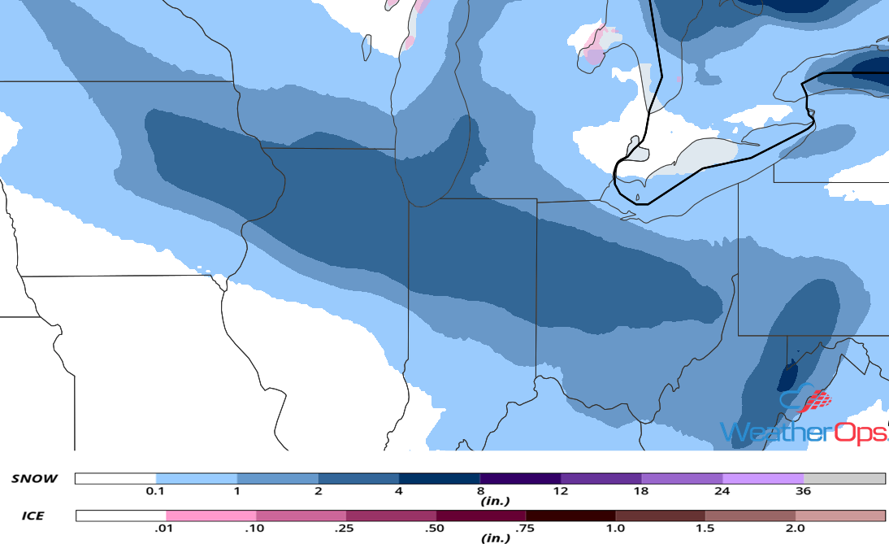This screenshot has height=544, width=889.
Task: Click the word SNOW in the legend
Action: coord(34,478)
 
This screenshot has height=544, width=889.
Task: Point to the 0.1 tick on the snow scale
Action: coord(156,490)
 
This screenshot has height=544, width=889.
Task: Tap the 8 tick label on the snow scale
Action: coord(480,490)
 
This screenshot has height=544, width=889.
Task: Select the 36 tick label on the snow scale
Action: coord(803,490)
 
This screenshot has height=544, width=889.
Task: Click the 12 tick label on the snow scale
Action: coord(561,490)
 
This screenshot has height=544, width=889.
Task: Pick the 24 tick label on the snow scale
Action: coord(722,490)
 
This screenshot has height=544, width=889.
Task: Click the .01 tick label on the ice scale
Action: coord(166,528)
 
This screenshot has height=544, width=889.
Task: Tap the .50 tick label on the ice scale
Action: coord(436,528)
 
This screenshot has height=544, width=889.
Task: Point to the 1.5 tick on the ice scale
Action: coord(705,528)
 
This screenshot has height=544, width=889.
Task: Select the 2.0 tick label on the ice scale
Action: coord(795,528)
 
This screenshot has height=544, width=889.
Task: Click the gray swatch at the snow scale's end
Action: coord(843,479)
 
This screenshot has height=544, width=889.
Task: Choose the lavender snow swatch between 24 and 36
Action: coord(762,479)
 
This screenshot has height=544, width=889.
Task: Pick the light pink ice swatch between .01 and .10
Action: coord(210,516)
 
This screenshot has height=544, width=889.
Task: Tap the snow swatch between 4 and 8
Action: coord(440,479)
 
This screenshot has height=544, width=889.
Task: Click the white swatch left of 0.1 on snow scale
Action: coord(115,479)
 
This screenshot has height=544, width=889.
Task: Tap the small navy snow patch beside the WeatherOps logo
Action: coord(787,377)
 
